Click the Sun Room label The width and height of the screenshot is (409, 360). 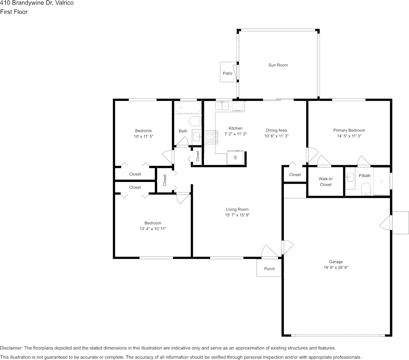point(278,65)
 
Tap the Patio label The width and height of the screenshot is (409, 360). point(228,73)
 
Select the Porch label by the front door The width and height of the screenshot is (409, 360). point(269,269)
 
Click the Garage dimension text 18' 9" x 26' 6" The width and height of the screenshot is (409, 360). point(336,268)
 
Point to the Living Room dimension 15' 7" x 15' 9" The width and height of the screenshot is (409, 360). point(237,215)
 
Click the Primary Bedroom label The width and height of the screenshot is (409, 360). point(349,130)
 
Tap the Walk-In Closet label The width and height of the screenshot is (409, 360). point(326,182)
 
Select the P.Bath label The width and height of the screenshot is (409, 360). point(364,175)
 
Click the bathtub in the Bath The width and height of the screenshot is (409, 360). point(188,107)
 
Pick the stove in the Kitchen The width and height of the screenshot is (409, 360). point(211,137)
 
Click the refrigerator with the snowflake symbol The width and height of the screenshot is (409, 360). point(235,158)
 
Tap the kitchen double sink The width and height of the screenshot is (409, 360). point(222,106)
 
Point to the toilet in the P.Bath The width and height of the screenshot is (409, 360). point(366,189)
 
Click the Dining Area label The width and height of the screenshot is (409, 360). point(276,130)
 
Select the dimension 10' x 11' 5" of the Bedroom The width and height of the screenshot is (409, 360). point(143,136)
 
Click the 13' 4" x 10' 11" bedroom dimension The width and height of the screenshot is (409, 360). point(153,229)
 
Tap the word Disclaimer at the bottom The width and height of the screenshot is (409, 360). point(11,348)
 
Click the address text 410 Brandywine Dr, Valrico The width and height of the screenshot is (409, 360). point(37,3)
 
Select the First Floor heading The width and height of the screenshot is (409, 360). point(14,12)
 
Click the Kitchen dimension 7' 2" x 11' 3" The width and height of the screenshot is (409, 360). point(236,134)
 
